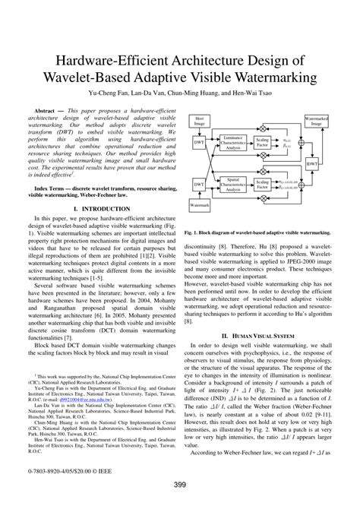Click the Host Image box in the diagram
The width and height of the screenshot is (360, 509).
[x=199, y=121]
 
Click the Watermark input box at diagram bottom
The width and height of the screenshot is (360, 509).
[x=200, y=206]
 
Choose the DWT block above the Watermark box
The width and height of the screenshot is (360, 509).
[x=198, y=184]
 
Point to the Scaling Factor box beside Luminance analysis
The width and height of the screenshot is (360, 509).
[x=263, y=143]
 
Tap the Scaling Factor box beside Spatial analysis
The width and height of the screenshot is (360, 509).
[x=263, y=185]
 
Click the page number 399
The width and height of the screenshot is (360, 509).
[x=180, y=487]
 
